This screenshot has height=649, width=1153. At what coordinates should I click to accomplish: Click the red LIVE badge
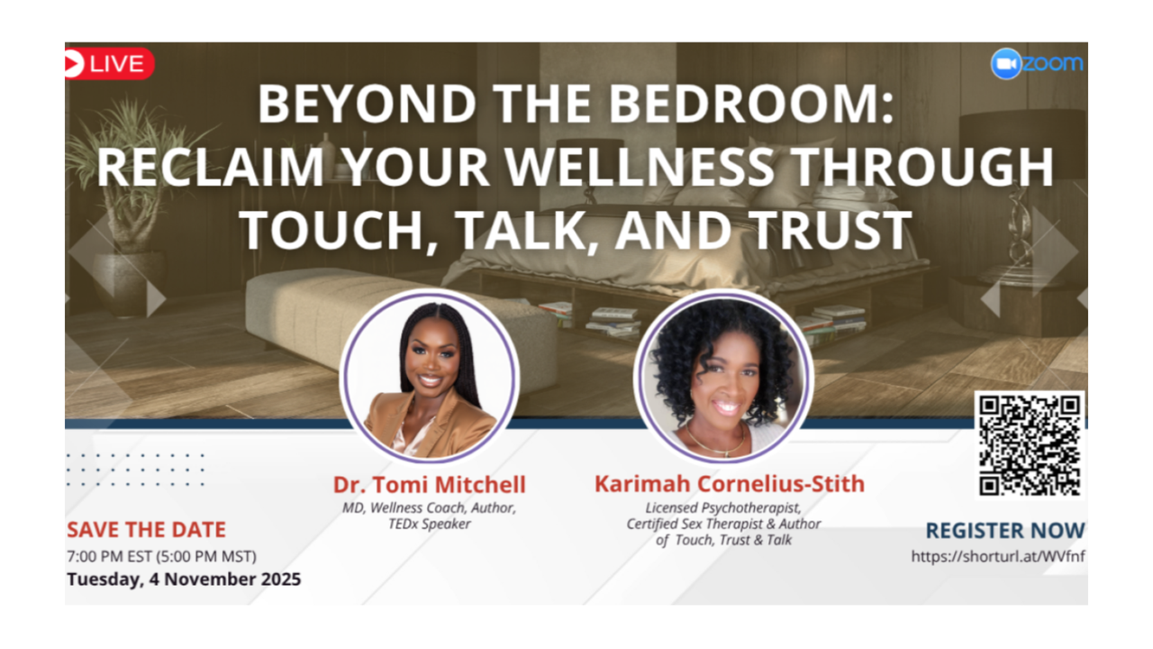click(109, 64)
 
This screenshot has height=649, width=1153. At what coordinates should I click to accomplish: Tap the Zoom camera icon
click(1006, 64)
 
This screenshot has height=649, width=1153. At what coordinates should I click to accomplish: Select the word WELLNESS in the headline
click(639, 167)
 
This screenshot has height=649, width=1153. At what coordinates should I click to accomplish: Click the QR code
click(1030, 445)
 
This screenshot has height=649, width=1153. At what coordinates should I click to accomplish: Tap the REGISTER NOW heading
click(1004, 531)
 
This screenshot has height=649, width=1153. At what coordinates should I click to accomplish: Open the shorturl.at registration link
click(998, 556)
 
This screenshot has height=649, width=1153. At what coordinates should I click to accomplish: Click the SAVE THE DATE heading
click(147, 529)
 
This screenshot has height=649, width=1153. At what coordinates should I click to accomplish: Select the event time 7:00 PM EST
click(110, 556)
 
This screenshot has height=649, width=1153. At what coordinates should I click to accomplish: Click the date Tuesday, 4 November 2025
click(184, 579)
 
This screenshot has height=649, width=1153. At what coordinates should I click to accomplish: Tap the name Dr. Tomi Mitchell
click(430, 484)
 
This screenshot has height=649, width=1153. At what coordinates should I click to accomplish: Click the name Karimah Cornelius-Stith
click(730, 484)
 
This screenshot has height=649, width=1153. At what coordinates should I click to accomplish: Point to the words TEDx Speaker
click(430, 524)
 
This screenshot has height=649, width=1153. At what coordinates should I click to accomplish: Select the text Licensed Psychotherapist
click(723, 507)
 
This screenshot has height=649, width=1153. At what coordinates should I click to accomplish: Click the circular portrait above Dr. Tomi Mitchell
click(430, 376)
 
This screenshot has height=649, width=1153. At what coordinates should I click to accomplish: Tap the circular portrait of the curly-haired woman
click(723, 376)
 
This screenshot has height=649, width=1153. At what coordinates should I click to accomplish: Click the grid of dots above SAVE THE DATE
click(135, 470)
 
